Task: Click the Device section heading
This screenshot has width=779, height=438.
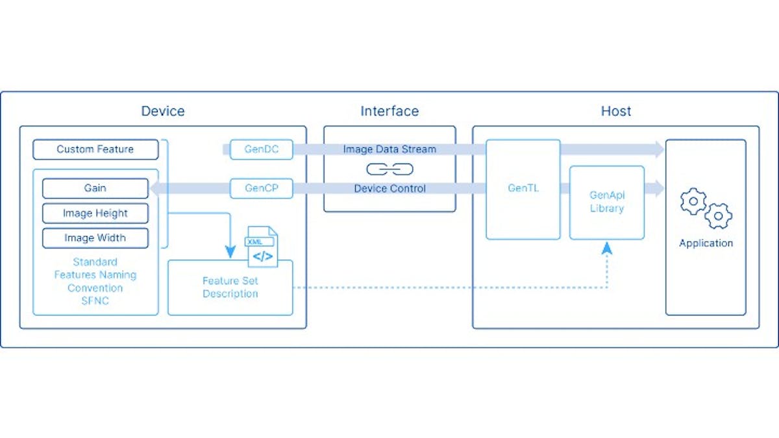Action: pyautogui.click(x=163, y=111)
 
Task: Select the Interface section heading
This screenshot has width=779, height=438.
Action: pyautogui.click(x=389, y=111)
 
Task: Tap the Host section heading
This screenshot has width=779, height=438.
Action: pyautogui.click(x=615, y=111)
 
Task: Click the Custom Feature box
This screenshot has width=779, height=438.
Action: pyautogui.click(x=95, y=149)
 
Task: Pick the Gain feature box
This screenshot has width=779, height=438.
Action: pyautogui.click(x=95, y=188)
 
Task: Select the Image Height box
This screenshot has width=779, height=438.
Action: pyautogui.click(x=95, y=213)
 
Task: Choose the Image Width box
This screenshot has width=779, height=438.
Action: pyautogui.click(x=95, y=238)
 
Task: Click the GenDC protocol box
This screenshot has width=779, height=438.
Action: pyautogui.click(x=262, y=149)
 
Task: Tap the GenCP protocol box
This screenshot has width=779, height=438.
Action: pyautogui.click(x=262, y=189)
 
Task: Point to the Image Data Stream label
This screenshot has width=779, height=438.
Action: pyautogui.click(x=389, y=149)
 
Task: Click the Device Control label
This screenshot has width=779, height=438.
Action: pyautogui.click(x=389, y=189)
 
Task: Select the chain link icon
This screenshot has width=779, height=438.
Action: pyautogui.click(x=389, y=169)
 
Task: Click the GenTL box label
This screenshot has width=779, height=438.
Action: pyautogui.click(x=523, y=189)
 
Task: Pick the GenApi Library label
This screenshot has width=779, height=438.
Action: pyautogui.click(x=607, y=202)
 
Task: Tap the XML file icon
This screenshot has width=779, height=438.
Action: pyautogui.click(x=262, y=247)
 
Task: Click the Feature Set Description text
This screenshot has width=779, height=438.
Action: pyautogui.click(x=230, y=287)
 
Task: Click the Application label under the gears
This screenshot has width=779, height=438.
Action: pyautogui.click(x=706, y=243)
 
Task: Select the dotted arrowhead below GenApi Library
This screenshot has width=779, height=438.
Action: pyautogui.click(x=607, y=247)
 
